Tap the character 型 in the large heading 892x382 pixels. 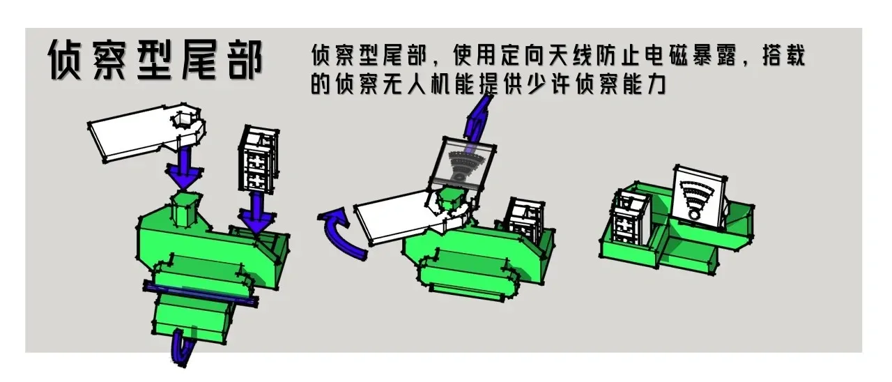coord(154,61)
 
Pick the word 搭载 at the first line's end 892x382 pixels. coord(784,55)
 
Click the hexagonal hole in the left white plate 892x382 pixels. coord(183,119)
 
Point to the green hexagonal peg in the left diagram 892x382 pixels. coord(185,209)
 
